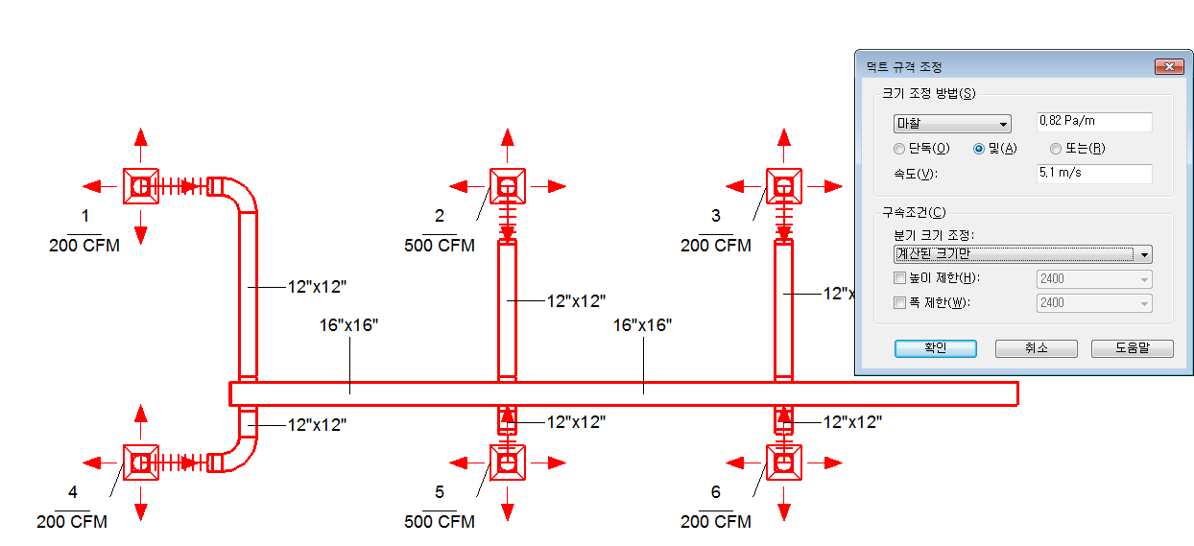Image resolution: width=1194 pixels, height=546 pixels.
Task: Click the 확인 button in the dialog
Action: tap(936, 348)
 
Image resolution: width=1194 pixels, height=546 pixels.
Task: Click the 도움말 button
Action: tap(1133, 348)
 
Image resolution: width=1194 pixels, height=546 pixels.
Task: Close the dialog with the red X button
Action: tap(1169, 66)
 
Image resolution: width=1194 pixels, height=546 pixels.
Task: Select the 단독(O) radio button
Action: tap(899, 149)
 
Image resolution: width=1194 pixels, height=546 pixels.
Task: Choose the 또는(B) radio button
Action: tap(1056, 149)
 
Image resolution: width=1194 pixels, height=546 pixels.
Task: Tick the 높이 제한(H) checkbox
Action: tap(899, 278)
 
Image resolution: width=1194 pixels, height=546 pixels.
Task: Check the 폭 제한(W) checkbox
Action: tap(899, 302)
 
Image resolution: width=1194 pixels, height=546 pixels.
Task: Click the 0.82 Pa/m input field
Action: tap(1094, 122)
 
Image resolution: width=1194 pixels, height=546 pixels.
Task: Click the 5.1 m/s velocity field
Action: tap(1094, 173)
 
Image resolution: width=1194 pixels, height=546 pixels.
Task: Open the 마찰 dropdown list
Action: tap(952, 124)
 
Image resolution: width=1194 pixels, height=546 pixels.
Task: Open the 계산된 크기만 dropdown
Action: tap(1022, 254)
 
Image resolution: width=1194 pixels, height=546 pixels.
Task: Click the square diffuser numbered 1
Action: tap(141, 186)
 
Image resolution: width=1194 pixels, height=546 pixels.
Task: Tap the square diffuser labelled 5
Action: tap(508, 463)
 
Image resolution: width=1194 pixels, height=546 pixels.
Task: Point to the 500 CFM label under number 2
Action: tap(440, 246)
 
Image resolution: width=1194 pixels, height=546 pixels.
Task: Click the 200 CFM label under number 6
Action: tap(715, 521)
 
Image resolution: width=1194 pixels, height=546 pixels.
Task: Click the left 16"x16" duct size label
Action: tap(348, 325)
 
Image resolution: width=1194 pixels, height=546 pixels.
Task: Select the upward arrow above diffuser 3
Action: tap(783, 145)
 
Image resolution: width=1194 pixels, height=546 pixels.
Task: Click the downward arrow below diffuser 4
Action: tap(141, 504)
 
